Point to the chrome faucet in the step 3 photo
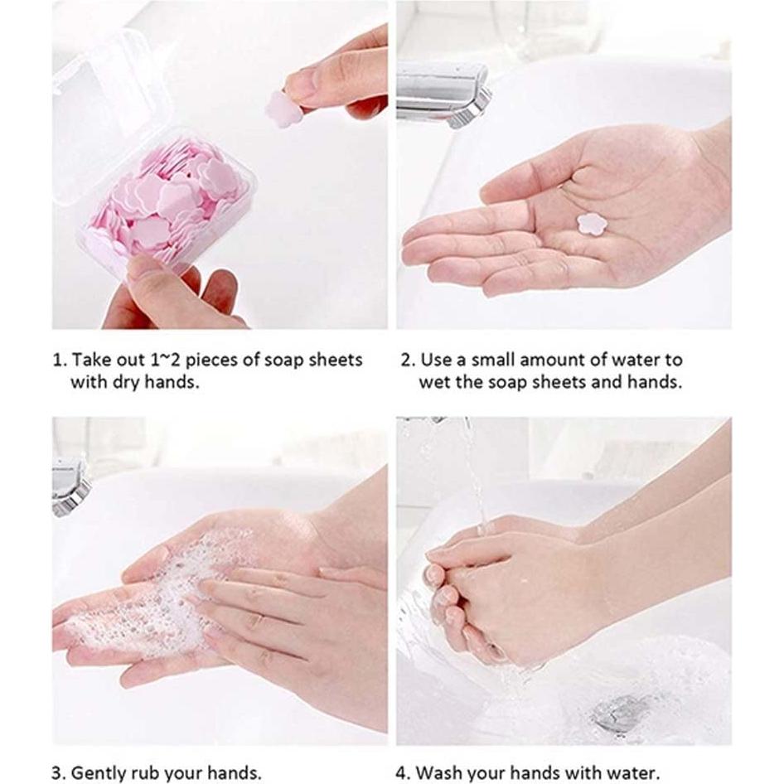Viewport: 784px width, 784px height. [x=70, y=486]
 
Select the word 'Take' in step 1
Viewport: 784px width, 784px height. [x=90, y=360]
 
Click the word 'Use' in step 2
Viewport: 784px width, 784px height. [x=435, y=360]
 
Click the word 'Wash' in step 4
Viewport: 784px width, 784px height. [x=439, y=773]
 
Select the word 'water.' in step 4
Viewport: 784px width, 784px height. [x=632, y=773]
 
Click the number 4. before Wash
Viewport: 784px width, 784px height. [x=403, y=773]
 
